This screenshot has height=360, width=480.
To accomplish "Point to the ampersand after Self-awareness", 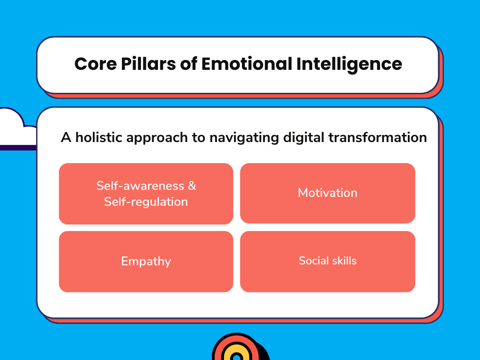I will coord(192,186).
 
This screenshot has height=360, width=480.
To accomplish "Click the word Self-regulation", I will coord(146,202).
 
